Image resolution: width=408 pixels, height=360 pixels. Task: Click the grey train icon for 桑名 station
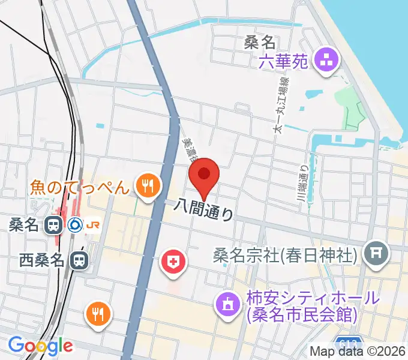(x=53, y=225)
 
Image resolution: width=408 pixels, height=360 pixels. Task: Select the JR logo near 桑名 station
(x=94, y=225)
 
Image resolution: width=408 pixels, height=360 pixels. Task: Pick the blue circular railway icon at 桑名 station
(x=74, y=225)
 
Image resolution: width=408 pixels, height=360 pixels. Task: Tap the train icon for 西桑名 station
(x=78, y=260)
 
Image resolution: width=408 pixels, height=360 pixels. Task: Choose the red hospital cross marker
(x=173, y=262)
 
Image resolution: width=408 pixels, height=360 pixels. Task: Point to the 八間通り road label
(x=203, y=211)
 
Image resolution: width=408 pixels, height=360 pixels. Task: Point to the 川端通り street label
(x=304, y=179)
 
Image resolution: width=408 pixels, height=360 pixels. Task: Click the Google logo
(x=40, y=345)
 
